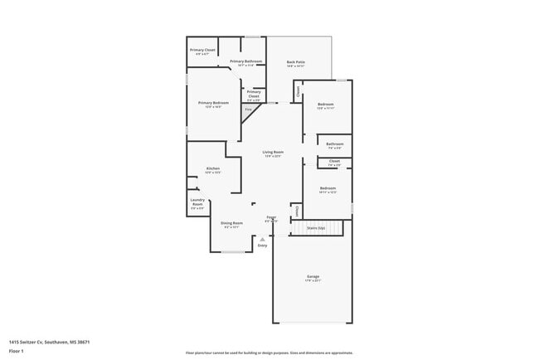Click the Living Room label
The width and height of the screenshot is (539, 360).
pos(273,153)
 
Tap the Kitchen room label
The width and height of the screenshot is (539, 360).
pos(213,169)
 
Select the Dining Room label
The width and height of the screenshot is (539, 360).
pos(232,223)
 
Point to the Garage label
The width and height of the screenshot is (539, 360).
pos(313,277)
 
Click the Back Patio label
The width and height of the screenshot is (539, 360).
pos(295,63)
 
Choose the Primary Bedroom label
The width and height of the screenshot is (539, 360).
pos(213,103)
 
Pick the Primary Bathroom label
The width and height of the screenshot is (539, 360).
pos(246,62)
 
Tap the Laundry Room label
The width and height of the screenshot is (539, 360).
pos(197,202)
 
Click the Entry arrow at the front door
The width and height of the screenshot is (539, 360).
pos(263,241)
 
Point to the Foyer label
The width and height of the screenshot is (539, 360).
pos(271,218)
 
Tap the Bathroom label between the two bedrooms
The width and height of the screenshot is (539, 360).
pos(335,145)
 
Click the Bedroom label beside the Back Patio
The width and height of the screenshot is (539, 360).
pos(325,105)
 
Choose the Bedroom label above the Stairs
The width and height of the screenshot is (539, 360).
pos(328,189)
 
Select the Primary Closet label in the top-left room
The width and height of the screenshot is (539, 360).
pos(202,51)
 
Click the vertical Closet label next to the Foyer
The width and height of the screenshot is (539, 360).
pos(297,212)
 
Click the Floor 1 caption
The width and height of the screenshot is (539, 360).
pos(17,351)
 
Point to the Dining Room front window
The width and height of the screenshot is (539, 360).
pos(233,252)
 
